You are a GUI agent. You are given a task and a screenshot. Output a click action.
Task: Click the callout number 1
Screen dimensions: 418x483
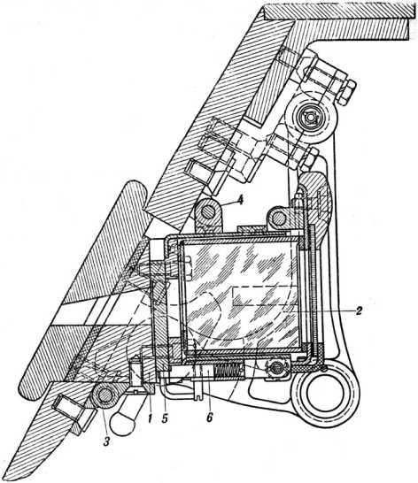pos(150,418)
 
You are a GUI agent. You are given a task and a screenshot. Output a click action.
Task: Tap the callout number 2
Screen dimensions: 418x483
pos(358,311)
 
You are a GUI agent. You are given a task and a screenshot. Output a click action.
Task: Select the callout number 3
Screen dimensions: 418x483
pos(106,441)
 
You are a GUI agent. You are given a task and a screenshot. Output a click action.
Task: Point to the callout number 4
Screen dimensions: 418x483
pos(240,200)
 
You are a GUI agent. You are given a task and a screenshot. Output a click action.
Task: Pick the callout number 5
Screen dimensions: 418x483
pos(165,418)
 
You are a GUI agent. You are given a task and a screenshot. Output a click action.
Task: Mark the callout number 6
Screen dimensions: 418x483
pos(210,418)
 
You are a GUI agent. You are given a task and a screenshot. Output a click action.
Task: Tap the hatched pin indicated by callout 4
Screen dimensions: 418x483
pos(207,212)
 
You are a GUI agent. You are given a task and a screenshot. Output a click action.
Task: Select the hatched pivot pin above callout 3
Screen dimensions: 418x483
pos(104,395)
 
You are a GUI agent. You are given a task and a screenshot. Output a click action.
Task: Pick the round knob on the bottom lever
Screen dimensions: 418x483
pos(123,424)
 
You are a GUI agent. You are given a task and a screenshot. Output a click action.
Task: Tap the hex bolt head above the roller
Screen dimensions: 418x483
pos(347,90)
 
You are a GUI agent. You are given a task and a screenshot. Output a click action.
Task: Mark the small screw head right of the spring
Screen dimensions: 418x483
pos(277,367)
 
